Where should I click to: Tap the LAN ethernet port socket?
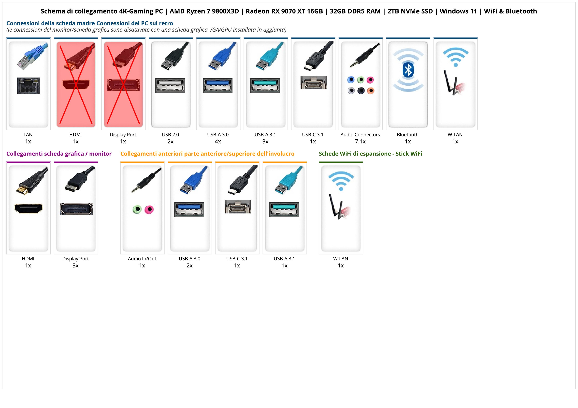pyautogui.click(x=29, y=85)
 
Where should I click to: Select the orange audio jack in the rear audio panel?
pyautogui.click(x=370, y=91)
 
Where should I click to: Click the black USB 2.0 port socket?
pyautogui.click(x=170, y=85)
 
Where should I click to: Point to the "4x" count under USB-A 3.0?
pyautogui.click(x=218, y=142)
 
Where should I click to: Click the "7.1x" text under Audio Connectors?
pyautogui.click(x=360, y=142)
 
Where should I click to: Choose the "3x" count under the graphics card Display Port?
pyautogui.click(x=75, y=266)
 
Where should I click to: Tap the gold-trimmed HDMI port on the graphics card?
pyautogui.click(x=29, y=208)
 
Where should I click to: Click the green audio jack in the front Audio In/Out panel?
pyautogui.click(x=137, y=209)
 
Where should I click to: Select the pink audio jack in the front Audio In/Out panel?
pyautogui.click(x=149, y=209)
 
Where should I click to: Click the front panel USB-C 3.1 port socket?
pyautogui.click(x=237, y=207)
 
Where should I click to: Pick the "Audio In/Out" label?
pyautogui.click(x=142, y=259)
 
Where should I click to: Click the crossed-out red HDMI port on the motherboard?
pyautogui.click(x=76, y=84)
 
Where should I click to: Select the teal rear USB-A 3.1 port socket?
pyautogui.click(x=265, y=85)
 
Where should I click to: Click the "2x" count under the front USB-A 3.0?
pyautogui.click(x=189, y=266)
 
